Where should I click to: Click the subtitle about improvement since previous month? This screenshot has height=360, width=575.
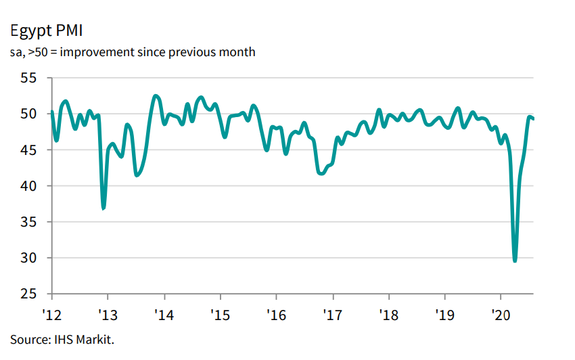(133, 52)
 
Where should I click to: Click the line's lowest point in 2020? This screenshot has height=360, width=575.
(515, 261)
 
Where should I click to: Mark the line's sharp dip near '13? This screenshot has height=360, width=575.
(103, 208)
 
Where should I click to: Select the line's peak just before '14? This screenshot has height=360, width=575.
(156, 96)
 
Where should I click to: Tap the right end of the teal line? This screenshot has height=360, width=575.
(533, 119)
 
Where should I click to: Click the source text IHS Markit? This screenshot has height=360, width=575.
(57, 338)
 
